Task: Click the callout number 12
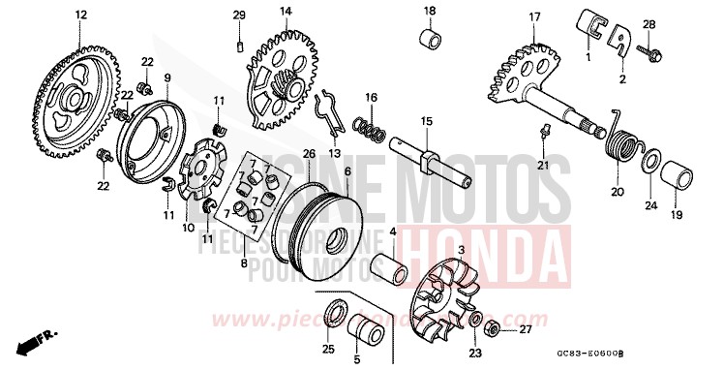coord(80,15)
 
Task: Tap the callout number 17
coord(533,16)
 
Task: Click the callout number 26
coord(308,153)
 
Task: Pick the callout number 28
coord(677,24)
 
